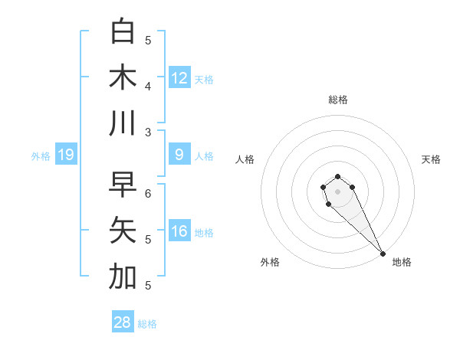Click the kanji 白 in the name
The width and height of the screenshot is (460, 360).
click(123, 31)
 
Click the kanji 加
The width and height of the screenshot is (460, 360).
click(123, 277)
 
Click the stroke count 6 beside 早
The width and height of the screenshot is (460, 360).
click(148, 194)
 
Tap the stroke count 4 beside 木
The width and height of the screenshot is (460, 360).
click(148, 87)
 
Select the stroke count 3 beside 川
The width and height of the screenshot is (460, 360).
click(148, 133)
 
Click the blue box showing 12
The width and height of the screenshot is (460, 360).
click(179, 78)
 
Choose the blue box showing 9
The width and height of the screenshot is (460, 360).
click(179, 155)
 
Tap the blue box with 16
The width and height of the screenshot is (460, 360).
click(179, 232)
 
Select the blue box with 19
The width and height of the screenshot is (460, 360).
click(66, 155)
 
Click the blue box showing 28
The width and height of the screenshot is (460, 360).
click(123, 322)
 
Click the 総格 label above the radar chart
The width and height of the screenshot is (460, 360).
click(338, 100)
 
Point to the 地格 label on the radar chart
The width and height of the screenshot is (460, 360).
click(402, 262)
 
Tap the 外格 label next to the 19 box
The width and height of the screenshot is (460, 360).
click(41, 156)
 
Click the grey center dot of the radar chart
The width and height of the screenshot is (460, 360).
click(338, 191)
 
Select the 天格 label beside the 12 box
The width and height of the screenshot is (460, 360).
click(203, 80)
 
